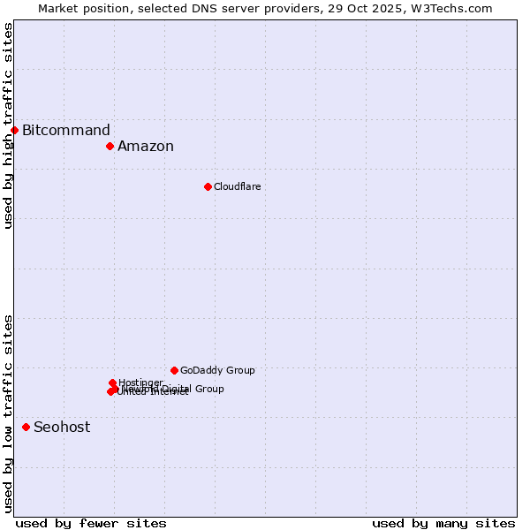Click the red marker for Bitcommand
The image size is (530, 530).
pos(14,131)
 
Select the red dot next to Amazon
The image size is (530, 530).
pos(110,146)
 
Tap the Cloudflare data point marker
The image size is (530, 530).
pos(208,186)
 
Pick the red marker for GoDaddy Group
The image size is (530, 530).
pos(174,370)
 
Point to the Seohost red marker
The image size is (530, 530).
pos(26,427)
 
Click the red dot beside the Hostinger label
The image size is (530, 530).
pos(112,382)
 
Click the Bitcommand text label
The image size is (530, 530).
pos(66,131)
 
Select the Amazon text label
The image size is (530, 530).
pos(146,147)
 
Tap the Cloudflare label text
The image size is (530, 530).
pos(237,186)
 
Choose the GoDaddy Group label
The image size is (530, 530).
pos(217,370)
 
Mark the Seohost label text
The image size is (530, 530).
pos(62,428)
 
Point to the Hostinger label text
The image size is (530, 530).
pos(140,382)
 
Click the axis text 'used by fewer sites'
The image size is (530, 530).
pos(91,523)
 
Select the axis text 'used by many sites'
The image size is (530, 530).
pos(443,523)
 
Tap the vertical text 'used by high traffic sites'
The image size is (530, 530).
pos(8,125)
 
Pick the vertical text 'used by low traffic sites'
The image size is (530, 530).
pos(8,413)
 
